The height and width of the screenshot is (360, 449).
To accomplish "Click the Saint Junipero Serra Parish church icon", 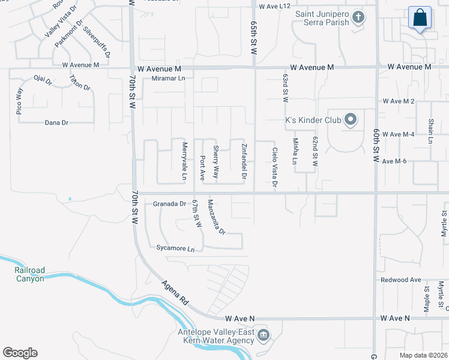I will tap(358, 17).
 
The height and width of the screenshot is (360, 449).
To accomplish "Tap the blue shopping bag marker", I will tap(420, 18).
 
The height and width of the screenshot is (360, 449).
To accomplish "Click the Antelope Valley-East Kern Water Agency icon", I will tap(263, 335).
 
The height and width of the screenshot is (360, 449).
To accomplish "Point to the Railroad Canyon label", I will tap(29, 274).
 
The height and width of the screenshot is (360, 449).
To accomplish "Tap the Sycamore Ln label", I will tap(175, 248).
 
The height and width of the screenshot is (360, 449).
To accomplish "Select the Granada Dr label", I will tap(169, 204).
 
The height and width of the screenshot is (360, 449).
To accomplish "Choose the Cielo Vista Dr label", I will tap(274, 167).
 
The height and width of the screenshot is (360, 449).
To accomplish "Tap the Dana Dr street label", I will tap(57, 122).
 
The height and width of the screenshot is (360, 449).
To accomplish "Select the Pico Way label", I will tap(19, 101).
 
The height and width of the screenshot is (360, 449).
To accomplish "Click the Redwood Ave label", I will tap(401, 280).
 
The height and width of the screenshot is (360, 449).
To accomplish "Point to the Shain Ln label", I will tap(430, 131).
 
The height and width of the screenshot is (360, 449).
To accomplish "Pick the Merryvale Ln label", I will tap(185, 161).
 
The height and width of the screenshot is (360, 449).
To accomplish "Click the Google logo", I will tap(20, 353).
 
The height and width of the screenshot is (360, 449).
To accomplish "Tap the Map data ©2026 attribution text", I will tap(423, 355).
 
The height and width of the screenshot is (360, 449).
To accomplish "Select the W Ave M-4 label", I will tap(399, 134).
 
